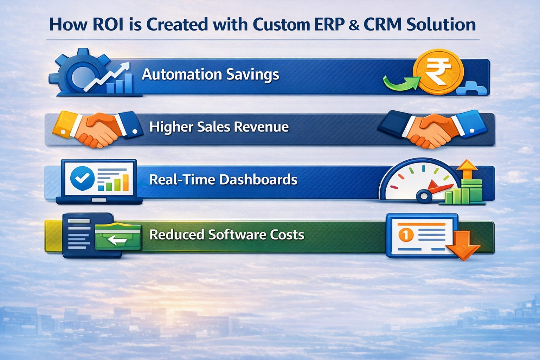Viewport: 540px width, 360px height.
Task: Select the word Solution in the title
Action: pyautogui.click(x=441, y=25)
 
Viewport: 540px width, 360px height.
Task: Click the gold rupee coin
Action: pyautogui.click(x=438, y=71)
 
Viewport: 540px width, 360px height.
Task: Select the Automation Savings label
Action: pyautogui.click(x=210, y=75)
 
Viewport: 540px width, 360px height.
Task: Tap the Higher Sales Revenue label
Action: pyautogui.click(x=219, y=127)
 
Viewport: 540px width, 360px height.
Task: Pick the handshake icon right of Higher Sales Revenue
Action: pyautogui.click(x=433, y=129)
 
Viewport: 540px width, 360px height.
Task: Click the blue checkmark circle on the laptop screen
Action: pyautogui.click(x=82, y=178)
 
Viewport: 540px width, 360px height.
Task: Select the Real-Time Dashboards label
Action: pyautogui.click(x=223, y=180)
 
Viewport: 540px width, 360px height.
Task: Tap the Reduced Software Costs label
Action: pyautogui.click(x=227, y=235)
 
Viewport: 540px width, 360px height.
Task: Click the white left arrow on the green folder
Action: pyautogui.click(x=117, y=240)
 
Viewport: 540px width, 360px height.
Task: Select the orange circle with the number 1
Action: pyautogui.click(x=406, y=235)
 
